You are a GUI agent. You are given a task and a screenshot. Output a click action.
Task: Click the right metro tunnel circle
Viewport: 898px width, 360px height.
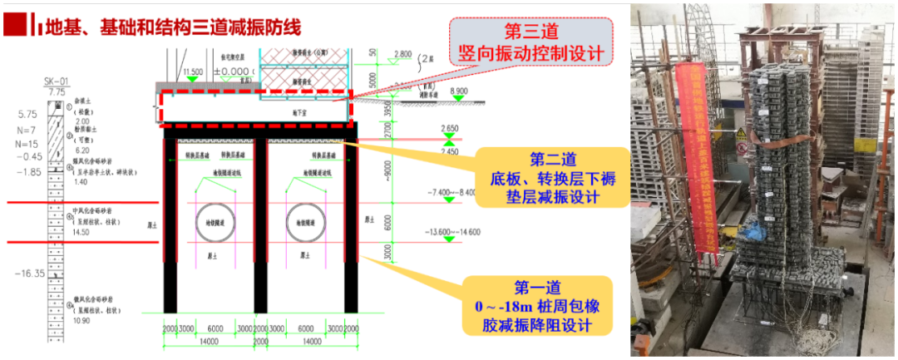click(x=301, y=224)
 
